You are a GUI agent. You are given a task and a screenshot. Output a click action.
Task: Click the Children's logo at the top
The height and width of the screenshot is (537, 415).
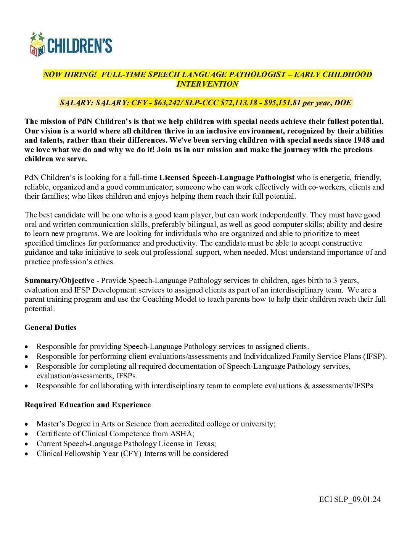[x=71, y=45]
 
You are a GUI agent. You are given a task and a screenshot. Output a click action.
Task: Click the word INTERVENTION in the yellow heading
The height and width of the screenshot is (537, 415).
[x=207, y=84]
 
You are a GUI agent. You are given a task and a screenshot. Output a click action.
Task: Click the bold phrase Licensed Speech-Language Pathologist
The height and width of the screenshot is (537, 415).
[x=227, y=177]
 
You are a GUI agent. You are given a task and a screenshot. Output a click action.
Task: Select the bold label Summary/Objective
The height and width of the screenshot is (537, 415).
[x=59, y=280]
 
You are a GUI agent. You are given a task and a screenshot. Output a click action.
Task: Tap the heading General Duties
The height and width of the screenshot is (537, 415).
[x=50, y=327]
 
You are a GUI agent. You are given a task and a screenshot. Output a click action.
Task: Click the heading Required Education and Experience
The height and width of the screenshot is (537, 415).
[x=88, y=405]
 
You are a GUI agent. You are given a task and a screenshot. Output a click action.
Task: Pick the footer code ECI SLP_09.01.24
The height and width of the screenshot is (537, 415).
[x=350, y=499]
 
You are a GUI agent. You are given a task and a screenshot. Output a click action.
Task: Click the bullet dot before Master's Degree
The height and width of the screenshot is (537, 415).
[x=26, y=424]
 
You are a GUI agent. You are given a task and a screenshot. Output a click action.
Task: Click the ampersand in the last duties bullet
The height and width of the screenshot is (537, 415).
[x=307, y=386]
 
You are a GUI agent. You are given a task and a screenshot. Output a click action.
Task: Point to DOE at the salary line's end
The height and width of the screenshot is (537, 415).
[x=343, y=103]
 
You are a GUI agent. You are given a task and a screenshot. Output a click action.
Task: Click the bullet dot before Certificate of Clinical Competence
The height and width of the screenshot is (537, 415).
[x=26, y=434]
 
